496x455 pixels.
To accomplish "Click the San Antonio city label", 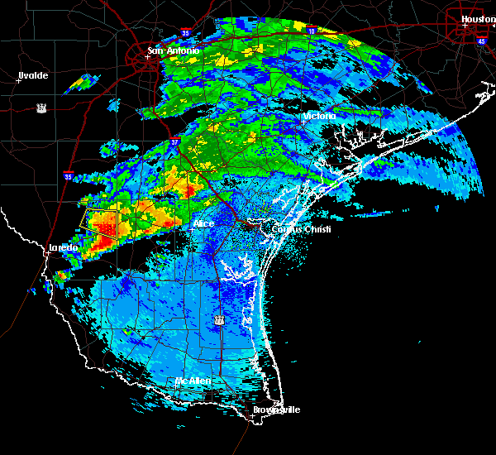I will [174, 51].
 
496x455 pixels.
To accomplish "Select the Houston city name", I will [478, 18].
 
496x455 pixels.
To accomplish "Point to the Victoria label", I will [319, 117].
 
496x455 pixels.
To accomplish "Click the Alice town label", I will [203, 224].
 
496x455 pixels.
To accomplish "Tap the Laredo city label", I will [63, 247].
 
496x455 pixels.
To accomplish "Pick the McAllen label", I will [193, 381].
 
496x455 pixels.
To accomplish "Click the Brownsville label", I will [277, 409].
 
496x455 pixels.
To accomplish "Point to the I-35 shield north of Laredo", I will [68, 175].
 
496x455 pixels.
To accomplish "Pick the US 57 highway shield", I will [41, 108].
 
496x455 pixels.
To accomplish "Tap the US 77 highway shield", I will [219, 319].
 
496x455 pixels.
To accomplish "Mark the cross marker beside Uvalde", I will [18, 81].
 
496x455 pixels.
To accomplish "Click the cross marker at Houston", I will [465, 25].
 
